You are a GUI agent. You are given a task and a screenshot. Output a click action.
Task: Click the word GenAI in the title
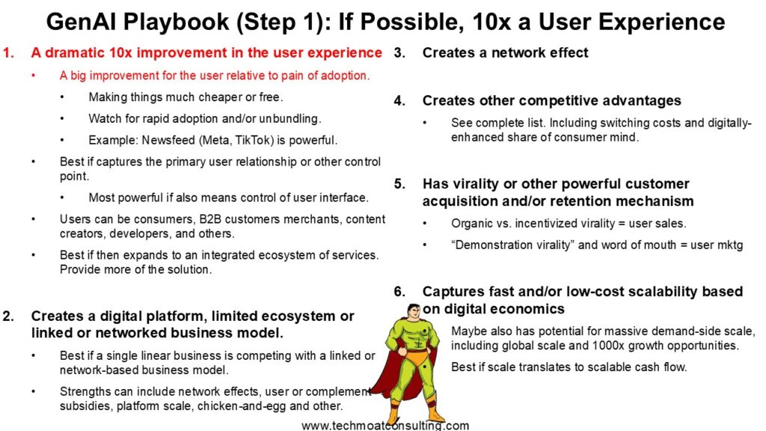(82, 22)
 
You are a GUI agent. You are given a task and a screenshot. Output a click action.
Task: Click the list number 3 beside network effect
(399, 53)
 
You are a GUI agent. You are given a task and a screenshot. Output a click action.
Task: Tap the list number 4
(399, 101)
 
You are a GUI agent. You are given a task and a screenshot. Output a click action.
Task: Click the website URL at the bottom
(385, 425)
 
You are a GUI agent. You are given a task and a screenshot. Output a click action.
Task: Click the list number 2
(7, 317)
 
